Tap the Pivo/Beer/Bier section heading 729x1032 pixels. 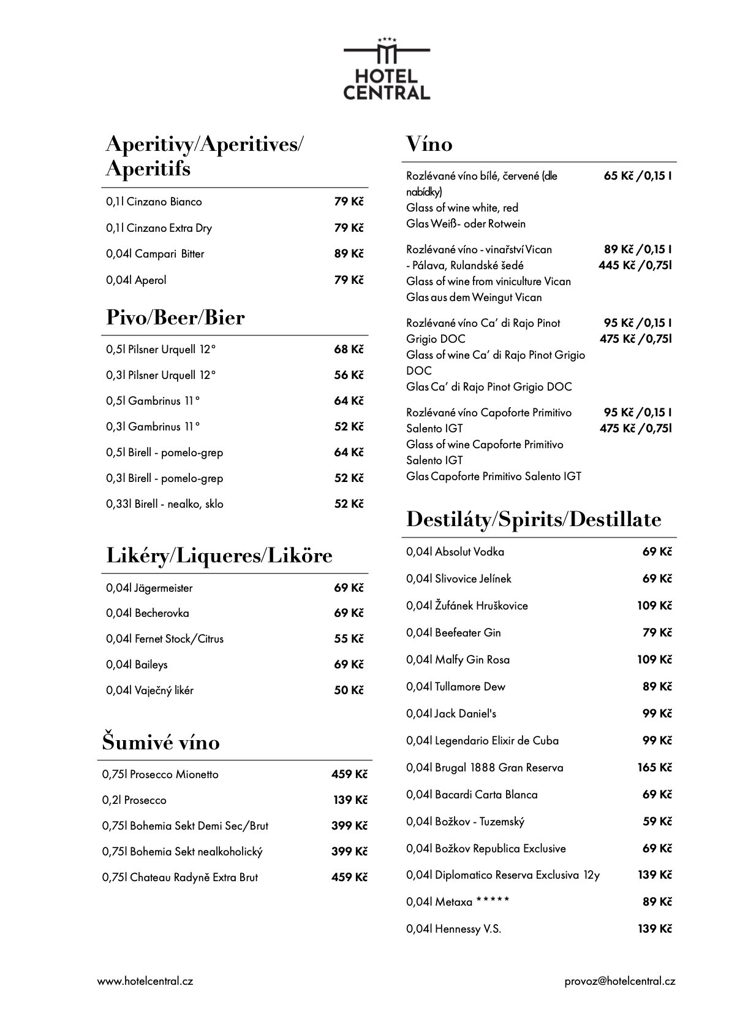(175, 318)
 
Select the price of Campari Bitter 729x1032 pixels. (349, 254)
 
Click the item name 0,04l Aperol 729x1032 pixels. (136, 280)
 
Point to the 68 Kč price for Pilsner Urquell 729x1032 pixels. (349, 350)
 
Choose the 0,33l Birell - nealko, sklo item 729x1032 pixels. (165, 504)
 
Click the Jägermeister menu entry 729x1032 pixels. (149, 588)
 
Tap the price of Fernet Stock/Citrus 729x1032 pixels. (349, 639)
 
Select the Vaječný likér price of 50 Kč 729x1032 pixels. (349, 690)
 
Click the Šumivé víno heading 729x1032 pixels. (161, 743)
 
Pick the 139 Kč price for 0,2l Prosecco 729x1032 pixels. (349, 800)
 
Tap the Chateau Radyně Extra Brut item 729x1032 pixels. (180, 877)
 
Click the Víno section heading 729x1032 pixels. (429, 144)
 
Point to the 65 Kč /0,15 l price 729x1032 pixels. (637, 176)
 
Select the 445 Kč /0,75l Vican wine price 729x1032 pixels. (635, 266)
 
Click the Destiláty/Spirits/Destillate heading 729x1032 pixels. (534, 519)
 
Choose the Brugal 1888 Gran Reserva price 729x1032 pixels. (655, 768)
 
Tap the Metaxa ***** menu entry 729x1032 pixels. (458, 902)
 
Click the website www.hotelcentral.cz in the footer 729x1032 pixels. (145, 981)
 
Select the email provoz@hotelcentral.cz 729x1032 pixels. (620, 981)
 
